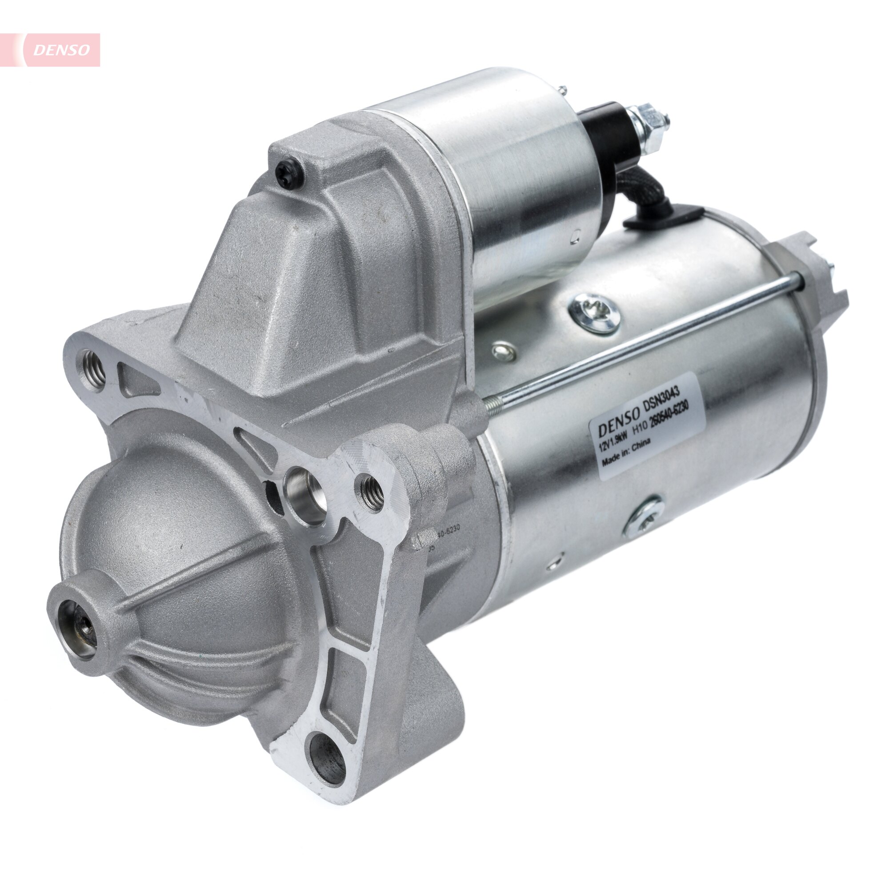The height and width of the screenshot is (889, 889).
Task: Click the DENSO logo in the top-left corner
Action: coord(62,50)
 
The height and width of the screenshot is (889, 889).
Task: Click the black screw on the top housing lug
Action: coord(288,174)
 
